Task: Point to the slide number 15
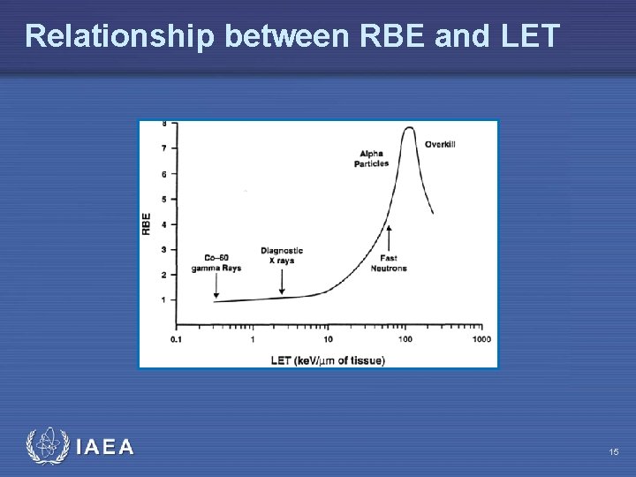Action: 613,452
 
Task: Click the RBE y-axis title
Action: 146,223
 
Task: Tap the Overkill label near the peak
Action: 440,144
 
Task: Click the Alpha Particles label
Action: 371,159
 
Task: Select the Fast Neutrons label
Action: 389,263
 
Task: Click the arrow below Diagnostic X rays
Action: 282,280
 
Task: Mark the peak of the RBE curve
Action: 408,128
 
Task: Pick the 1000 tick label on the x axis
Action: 481,339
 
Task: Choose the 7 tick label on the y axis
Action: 163,148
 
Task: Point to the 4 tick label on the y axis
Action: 163,224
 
